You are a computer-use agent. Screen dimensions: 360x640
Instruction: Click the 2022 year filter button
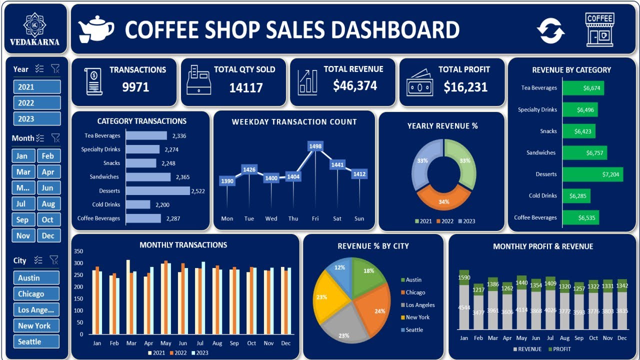point(37,103)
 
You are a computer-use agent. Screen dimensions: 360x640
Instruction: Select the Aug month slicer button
point(48,204)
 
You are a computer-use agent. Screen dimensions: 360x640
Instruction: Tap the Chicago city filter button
point(36,294)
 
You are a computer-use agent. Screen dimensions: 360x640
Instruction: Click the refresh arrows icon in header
point(551,30)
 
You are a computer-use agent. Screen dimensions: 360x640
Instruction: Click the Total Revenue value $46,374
point(355,86)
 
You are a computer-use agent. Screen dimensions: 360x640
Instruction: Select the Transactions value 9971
point(135,87)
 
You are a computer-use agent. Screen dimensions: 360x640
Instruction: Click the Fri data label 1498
point(315,146)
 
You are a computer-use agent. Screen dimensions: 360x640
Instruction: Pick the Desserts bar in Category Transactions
point(157,190)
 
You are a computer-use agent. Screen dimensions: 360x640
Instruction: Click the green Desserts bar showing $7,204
point(592,174)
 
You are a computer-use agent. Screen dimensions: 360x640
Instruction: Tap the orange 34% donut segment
point(443,198)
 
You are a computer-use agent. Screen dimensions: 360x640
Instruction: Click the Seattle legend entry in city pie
point(414,330)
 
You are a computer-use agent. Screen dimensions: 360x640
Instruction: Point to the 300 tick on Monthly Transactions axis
point(79,263)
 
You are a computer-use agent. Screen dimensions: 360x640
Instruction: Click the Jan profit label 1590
point(464,277)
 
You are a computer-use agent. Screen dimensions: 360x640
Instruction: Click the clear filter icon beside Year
point(55,69)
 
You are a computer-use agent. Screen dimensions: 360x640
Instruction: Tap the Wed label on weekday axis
point(271,218)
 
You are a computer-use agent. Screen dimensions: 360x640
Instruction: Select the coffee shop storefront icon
point(599,30)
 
